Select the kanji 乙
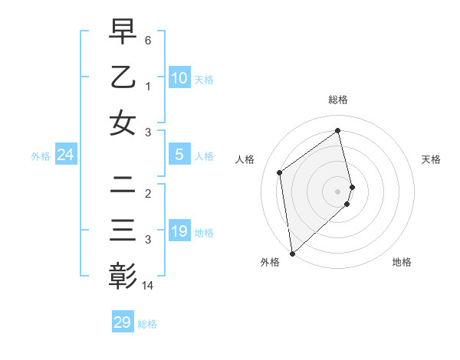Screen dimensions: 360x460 click(123, 77)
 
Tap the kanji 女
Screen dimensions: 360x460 click(123, 123)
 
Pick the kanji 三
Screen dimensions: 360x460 click(123, 230)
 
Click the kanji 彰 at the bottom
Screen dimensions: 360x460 click(123, 276)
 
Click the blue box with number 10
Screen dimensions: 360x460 click(179, 77)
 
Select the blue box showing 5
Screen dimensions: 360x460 click(179, 155)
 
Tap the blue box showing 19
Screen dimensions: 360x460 click(179, 231)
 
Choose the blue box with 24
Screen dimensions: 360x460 click(65, 155)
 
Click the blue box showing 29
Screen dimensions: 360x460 click(123, 322)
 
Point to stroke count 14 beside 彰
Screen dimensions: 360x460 click(149, 286)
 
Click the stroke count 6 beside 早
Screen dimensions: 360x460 click(148, 39)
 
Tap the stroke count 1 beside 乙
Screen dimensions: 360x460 click(148, 86)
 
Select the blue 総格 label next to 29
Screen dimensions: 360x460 click(148, 324)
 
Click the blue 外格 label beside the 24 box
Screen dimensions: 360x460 click(41, 156)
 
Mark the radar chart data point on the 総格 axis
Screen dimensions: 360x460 click(338, 130)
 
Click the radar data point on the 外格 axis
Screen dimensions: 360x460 click(292, 253)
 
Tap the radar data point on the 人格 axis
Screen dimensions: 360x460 click(280, 172)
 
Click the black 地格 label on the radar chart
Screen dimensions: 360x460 click(402, 263)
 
